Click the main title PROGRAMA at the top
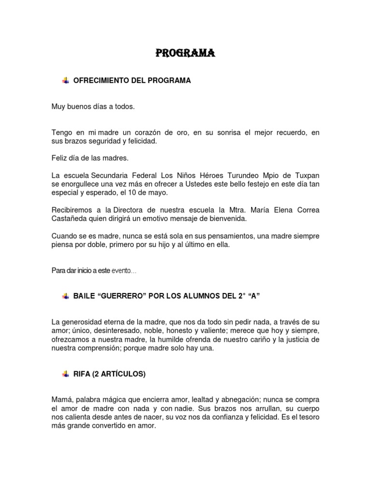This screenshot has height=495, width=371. click(185, 53)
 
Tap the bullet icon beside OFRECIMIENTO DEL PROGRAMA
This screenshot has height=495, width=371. click(66, 81)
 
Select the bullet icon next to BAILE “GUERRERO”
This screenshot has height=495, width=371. click(66, 296)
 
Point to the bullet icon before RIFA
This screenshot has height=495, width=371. click(66, 374)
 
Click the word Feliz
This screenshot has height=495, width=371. click(59, 158)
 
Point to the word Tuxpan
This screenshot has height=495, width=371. click(308, 175)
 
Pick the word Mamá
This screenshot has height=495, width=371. click(61, 400)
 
